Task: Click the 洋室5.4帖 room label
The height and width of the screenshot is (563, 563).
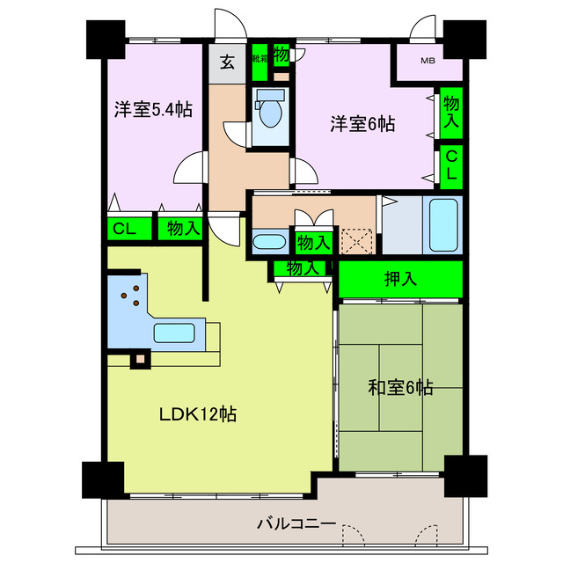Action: [153, 110]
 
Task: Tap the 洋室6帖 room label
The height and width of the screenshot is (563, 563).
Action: [362, 124]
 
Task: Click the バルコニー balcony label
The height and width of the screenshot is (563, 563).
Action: [295, 524]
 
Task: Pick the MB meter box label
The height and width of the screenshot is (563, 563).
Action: [428, 61]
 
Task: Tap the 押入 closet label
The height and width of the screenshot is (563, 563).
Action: [400, 280]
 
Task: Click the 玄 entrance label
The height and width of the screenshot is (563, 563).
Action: [227, 62]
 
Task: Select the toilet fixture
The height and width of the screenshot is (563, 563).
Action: [271, 111]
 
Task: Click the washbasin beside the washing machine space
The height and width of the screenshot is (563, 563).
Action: [268, 242]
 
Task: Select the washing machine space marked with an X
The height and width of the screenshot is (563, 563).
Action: [356, 240]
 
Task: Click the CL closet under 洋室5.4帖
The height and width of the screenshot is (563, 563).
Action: [125, 229]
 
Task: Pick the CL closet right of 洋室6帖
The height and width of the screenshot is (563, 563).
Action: [451, 165]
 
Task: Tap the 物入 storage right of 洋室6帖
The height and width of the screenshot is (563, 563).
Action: [451, 112]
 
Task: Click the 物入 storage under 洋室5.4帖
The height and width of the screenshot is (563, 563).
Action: [183, 229]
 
